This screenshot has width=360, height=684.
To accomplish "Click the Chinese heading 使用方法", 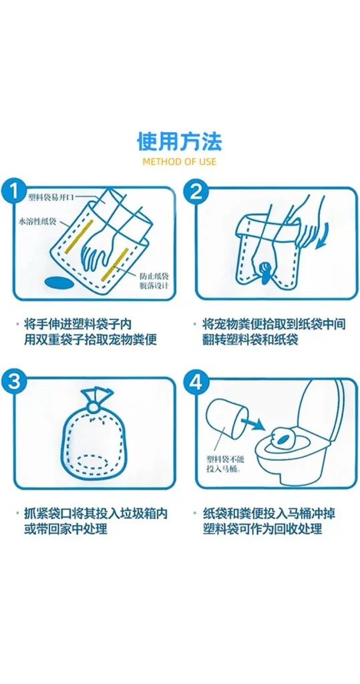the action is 180,141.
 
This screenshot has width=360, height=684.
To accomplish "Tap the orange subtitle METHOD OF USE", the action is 180,162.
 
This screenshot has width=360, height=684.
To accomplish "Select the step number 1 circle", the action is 15,192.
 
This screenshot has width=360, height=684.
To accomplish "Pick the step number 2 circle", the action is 196,192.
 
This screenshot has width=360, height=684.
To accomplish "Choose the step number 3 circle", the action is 15,382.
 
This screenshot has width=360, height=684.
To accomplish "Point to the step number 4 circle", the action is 196,382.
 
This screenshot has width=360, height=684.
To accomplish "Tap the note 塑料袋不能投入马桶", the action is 224,464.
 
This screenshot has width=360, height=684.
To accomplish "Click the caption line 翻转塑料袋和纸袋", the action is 251,339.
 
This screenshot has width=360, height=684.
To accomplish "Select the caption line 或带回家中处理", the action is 65,529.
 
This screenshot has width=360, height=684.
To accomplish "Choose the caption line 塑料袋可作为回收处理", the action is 262,529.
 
